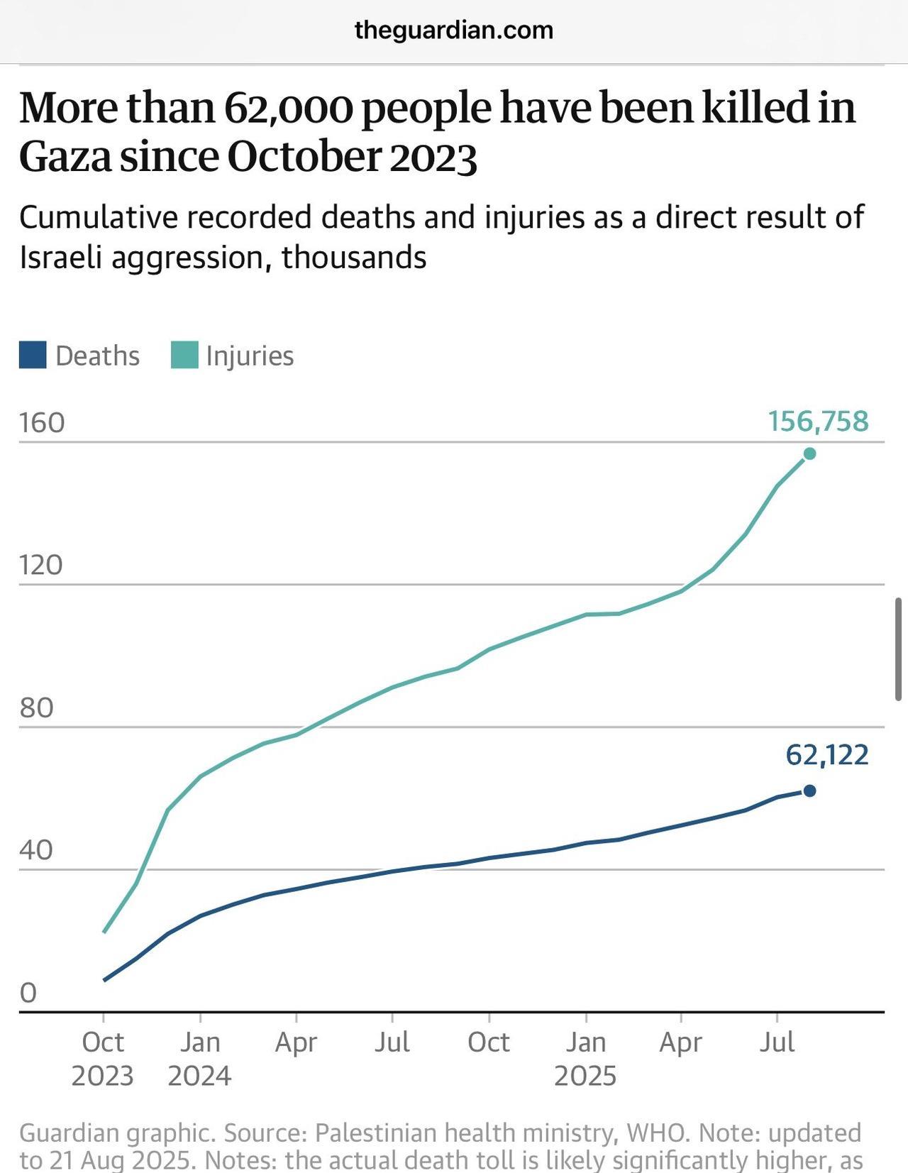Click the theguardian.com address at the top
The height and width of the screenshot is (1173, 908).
tap(453, 31)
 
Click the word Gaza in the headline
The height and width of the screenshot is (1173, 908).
tap(65, 157)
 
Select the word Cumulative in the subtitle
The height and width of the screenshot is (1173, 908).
tap(98, 217)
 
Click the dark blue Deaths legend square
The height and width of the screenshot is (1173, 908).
tap(33, 356)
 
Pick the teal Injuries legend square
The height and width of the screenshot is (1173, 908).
tap(184, 356)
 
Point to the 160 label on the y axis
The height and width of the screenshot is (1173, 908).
tap(42, 423)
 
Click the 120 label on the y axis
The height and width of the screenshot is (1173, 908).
tap(41, 566)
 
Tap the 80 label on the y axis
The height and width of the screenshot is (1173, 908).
tap(37, 708)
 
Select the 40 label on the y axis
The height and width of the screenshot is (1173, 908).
tap(37, 850)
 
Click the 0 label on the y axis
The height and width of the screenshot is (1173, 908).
tap(28, 993)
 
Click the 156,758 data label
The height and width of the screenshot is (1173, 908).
tap(818, 422)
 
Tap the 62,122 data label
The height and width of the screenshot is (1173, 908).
tap(827, 755)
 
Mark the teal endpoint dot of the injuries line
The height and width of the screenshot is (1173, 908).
tap(809, 454)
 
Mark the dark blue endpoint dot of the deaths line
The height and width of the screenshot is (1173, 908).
tap(809, 791)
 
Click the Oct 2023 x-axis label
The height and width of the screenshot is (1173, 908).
tap(103, 1059)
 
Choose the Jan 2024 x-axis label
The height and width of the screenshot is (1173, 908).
tap(199, 1059)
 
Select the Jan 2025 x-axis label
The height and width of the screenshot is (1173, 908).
tap(586, 1059)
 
